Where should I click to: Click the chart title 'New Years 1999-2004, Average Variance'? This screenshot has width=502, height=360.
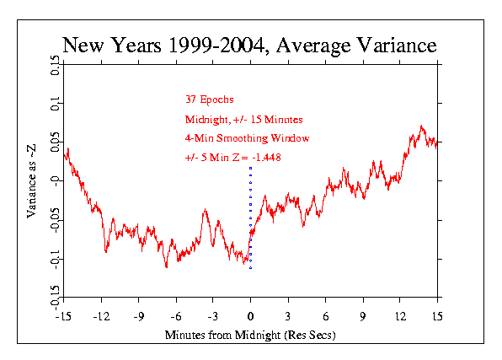click(249, 46)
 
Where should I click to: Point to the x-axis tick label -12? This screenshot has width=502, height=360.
click(101, 317)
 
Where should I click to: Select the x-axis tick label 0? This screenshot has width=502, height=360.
click(250, 317)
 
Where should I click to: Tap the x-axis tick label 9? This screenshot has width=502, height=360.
click(363, 317)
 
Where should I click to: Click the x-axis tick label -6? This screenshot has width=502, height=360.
click(176, 317)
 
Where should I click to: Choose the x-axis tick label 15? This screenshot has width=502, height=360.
click(437, 317)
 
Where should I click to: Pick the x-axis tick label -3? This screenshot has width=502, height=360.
click(213, 317)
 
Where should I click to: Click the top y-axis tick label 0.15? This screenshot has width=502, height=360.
click(55, 66)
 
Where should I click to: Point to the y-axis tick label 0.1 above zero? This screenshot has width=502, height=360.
click(55, 104)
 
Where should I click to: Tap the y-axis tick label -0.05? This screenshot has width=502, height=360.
click(55, 220)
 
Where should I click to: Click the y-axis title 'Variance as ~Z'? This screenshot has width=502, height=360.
click(31, 181)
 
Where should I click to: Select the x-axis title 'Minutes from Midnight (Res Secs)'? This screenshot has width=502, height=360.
click(250, 335)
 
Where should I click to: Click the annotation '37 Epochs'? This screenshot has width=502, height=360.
click(210, 99)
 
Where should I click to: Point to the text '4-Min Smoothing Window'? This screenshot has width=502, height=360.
click(247, 138)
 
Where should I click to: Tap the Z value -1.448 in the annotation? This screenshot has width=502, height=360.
click(266, 158)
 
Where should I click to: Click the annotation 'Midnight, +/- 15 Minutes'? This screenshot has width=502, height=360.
click(244, 120)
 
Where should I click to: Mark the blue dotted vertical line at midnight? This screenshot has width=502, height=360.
click(250, 218)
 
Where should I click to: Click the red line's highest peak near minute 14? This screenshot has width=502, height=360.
click(421, 126)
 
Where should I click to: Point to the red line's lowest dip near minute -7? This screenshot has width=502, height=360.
click(167, 266)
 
